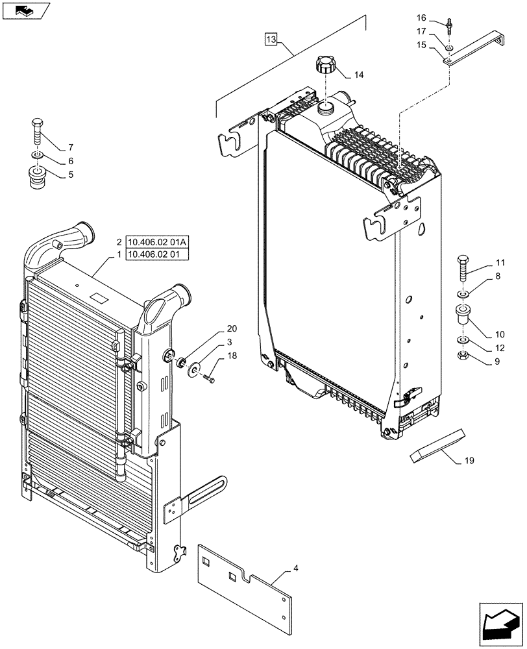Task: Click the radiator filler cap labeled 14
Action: pos(325,67)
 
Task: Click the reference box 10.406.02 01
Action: pos(157,254)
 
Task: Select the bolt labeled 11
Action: pos(464,268)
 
